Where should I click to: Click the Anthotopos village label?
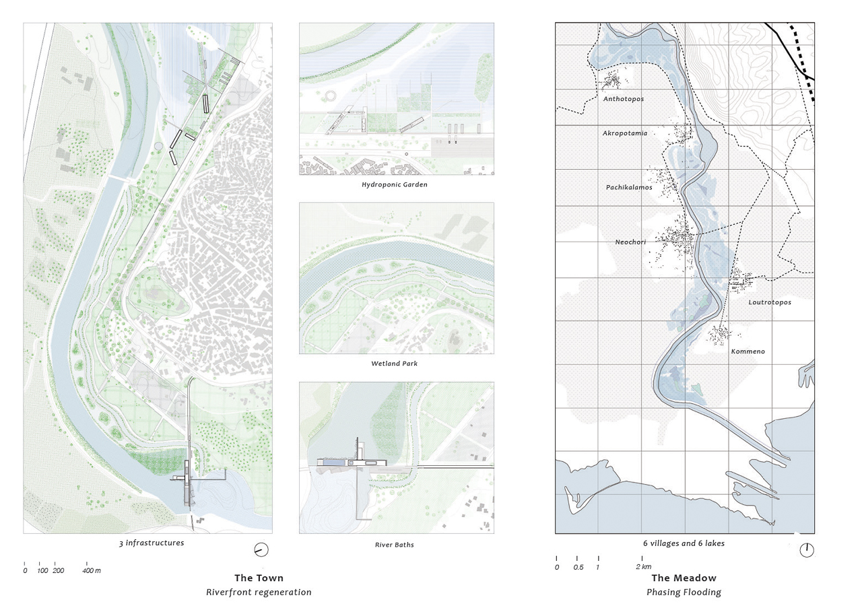tap(623, 99)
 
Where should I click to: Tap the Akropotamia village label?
tap(624, 133)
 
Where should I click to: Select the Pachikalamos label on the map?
tap(628, 187)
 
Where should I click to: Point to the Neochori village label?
tap(631, 242)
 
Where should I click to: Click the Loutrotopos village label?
tap(769, 302)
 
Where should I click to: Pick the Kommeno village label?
tap(748, 351)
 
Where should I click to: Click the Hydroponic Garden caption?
tap(394, 184)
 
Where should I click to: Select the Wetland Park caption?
tap(394, 364)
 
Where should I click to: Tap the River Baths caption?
tap(394, 545)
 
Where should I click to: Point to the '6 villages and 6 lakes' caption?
tap(684, 543)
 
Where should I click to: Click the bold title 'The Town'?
tap(259, 578)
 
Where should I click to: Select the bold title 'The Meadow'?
tap(684, 578)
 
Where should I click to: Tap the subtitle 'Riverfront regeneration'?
tap(259, 592)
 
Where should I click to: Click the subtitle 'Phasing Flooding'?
tap(684, 592)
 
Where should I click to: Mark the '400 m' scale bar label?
tap(92, 571)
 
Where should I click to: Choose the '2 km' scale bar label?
tap(644, 567)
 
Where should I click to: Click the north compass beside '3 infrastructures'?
tap(261, 550)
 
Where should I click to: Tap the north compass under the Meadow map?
tap(806, 550)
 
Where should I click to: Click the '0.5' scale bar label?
tap(577, 567)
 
